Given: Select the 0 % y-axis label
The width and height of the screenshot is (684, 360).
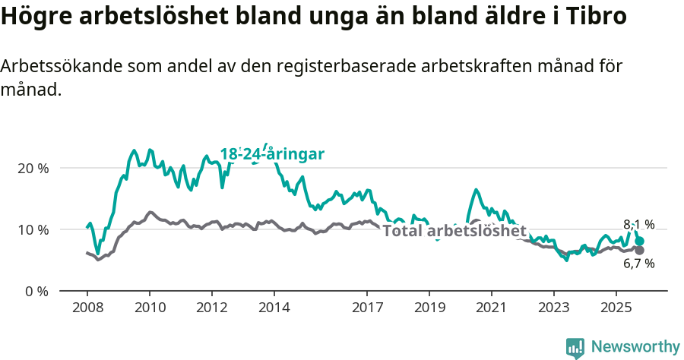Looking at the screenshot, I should point(36,291).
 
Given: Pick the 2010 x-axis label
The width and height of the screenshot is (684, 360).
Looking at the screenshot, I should point(149,308).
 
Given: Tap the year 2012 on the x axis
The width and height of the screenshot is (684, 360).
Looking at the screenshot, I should point(211,308).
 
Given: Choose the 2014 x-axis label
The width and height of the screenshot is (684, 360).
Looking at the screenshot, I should point(274,308).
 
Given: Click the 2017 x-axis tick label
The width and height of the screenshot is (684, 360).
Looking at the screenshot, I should point(367,308).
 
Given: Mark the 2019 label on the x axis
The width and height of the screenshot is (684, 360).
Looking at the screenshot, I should point(429,308).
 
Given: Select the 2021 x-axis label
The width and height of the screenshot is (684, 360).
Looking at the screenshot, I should point(492,308).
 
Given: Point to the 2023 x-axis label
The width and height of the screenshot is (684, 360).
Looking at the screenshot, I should point(553,308).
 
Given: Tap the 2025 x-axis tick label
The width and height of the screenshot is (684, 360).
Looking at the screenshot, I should point(616,308).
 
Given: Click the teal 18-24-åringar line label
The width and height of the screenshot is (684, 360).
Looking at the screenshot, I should point(272,154).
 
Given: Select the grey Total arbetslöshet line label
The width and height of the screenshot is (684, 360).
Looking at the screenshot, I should point(454,231).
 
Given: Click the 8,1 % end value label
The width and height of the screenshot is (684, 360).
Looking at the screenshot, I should point(638,224).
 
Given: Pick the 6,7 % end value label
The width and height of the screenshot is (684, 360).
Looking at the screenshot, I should point(638,264).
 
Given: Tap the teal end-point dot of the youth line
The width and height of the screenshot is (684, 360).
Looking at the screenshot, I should point(640,241).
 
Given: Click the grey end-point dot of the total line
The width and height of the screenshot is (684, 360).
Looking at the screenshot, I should point(640,250).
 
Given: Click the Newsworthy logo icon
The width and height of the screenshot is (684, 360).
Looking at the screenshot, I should point(575,347).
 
